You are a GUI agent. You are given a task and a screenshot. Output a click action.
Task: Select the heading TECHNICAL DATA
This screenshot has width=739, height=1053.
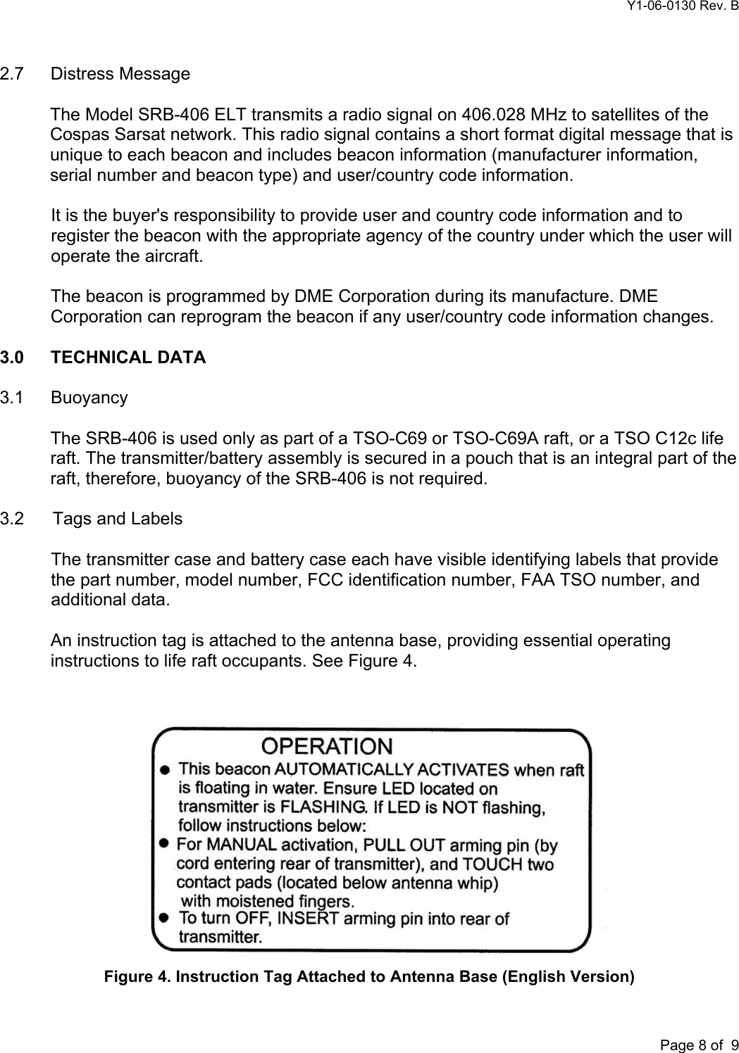coord(128,358)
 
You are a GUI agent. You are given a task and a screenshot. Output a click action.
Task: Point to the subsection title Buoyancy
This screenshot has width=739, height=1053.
coord(89,398)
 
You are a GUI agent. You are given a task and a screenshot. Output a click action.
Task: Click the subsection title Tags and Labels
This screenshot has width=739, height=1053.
coord(118,519)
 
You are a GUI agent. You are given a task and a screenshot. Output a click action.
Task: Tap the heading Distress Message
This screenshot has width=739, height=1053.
coord(120,74)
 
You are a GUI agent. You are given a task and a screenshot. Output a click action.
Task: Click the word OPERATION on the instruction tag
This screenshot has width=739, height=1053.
coord(328,746)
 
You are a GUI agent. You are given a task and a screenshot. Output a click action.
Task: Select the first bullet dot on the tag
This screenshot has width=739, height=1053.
coord(164,769)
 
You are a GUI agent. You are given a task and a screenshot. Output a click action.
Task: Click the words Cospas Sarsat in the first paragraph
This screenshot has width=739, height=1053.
coord(97,135)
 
